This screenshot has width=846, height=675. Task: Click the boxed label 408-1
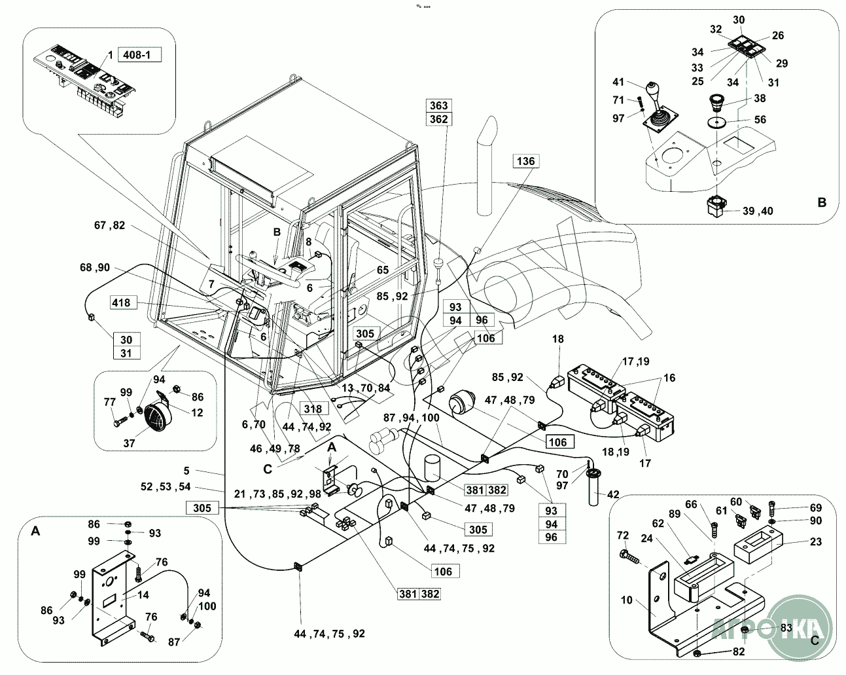pos(138,54)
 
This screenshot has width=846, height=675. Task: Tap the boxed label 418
pos(120,302)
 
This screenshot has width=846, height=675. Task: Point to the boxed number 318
pos(312,409)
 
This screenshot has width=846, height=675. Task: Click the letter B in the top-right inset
pos(822,203)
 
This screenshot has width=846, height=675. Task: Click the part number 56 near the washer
pos(760,120)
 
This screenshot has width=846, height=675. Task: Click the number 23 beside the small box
pos(815,542)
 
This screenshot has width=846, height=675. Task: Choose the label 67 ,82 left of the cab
pos(109,226)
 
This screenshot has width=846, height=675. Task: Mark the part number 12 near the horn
pos(197,412)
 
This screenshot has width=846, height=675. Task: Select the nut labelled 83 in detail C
pos(745,630)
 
